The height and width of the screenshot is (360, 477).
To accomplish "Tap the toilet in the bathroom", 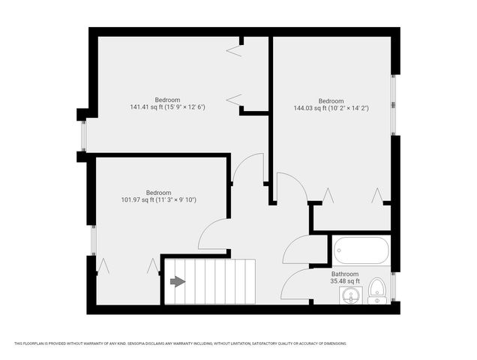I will coord(377,289).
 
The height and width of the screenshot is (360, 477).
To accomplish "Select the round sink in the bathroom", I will coord(349,295).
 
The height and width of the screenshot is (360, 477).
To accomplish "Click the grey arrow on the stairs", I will coord(178,281).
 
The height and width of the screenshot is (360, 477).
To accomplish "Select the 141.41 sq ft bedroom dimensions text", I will coord(167,107).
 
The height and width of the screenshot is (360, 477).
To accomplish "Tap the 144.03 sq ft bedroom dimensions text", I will coord(331,108).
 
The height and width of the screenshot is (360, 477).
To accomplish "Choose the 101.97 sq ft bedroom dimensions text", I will coord(158,199).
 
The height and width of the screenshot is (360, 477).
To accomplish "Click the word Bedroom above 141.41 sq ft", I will coord(167,100).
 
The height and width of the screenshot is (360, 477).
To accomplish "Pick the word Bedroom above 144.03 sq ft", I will coord(331,100).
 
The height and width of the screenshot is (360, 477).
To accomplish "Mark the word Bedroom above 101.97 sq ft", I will coord(158,192).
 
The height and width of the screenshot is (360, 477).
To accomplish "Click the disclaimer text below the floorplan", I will coord(180,343).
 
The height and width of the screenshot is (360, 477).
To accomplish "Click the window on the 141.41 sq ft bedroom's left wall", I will coord(84,134).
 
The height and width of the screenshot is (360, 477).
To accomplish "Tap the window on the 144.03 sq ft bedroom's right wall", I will coord(393,104).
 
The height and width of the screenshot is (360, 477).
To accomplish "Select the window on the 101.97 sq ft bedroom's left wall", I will coord(93,240).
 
